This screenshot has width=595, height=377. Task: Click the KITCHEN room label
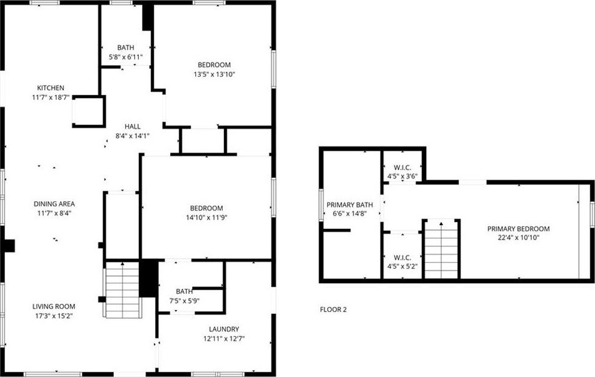(51, 88)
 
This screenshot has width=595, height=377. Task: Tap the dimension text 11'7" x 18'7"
(51, 98)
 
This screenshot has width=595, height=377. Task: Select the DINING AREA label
(54, 204)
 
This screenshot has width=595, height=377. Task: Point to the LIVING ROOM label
(54, 306)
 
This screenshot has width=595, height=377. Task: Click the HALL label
(133, 126)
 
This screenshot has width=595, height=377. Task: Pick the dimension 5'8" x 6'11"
(126, 58)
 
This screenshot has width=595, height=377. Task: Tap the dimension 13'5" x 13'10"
(215, 74)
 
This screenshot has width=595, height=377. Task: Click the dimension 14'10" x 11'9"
(206, 218)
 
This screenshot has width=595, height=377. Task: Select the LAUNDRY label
(224, 329)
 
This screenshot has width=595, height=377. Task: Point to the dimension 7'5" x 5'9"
(184, 301)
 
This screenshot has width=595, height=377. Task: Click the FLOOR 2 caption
(333, 309)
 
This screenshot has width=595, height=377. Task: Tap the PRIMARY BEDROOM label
(518, 229)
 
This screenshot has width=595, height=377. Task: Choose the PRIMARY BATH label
(350, 205)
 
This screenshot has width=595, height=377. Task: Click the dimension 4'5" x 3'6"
(402, 176)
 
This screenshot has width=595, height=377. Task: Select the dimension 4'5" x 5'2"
(402, 266)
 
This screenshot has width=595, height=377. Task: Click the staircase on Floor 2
(441, 249)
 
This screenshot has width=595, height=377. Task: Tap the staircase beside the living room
(123, 289)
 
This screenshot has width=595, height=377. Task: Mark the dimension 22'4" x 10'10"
(518, 238)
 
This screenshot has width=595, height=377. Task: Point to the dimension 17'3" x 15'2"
(54, 316)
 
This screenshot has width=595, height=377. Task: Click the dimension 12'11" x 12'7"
(224, 339)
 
